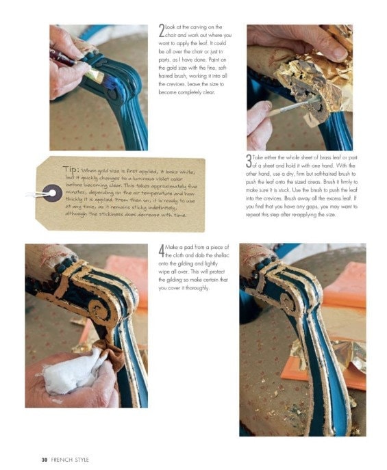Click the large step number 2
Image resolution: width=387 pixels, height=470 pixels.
pos(162,31)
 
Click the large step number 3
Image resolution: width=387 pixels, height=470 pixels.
pos(249,161)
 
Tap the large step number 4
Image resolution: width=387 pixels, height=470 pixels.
pos(161,251)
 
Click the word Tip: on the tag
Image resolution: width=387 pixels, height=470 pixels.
pos(71,170)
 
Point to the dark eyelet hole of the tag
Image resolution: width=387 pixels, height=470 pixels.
pos(52,193)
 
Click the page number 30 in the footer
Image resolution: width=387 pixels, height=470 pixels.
pos(45,460)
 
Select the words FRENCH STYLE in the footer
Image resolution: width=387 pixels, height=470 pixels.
pos(70,460)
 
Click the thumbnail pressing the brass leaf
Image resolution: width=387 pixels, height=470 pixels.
pos(340,53)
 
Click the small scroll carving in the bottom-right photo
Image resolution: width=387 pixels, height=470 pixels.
pos(286,299)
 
